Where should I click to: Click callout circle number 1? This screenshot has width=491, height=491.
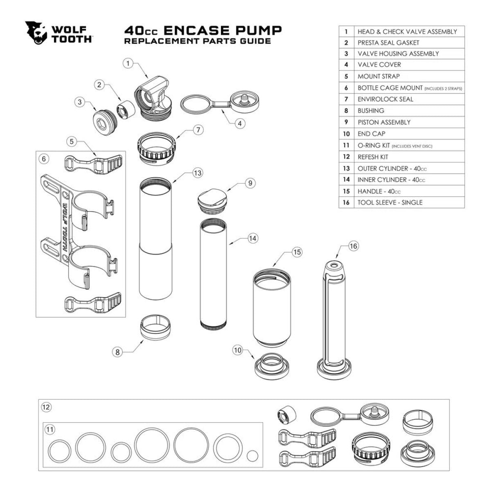pyautogui.click(x=128, y=63)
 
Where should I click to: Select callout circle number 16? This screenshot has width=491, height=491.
pyautogui.click(x=354, y=246)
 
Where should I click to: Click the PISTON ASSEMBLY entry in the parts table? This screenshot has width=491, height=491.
pyautogui.click(x=384, y=122)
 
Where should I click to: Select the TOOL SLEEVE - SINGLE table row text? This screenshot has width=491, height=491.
pyautogui.click(x=390, y=203)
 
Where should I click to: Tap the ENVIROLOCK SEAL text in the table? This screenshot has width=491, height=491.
pyautogui.click(x=385, y=99)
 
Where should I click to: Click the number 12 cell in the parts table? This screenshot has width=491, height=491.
pyautogui.click(x=346, y=157)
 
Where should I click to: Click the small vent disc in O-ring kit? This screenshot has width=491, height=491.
pyautogui.click(x=253, y=455)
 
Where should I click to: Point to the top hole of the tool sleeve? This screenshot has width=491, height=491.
pyautogui.click(x=335, y=266)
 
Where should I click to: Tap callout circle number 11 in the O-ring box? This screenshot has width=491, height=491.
pyautogui.click(x=50, y=429)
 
